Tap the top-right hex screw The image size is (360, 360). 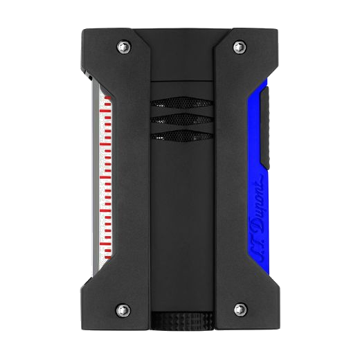tap(239, 47)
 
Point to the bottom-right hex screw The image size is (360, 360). tap(239, 308)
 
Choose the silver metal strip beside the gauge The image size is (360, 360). tap(94, 173)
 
